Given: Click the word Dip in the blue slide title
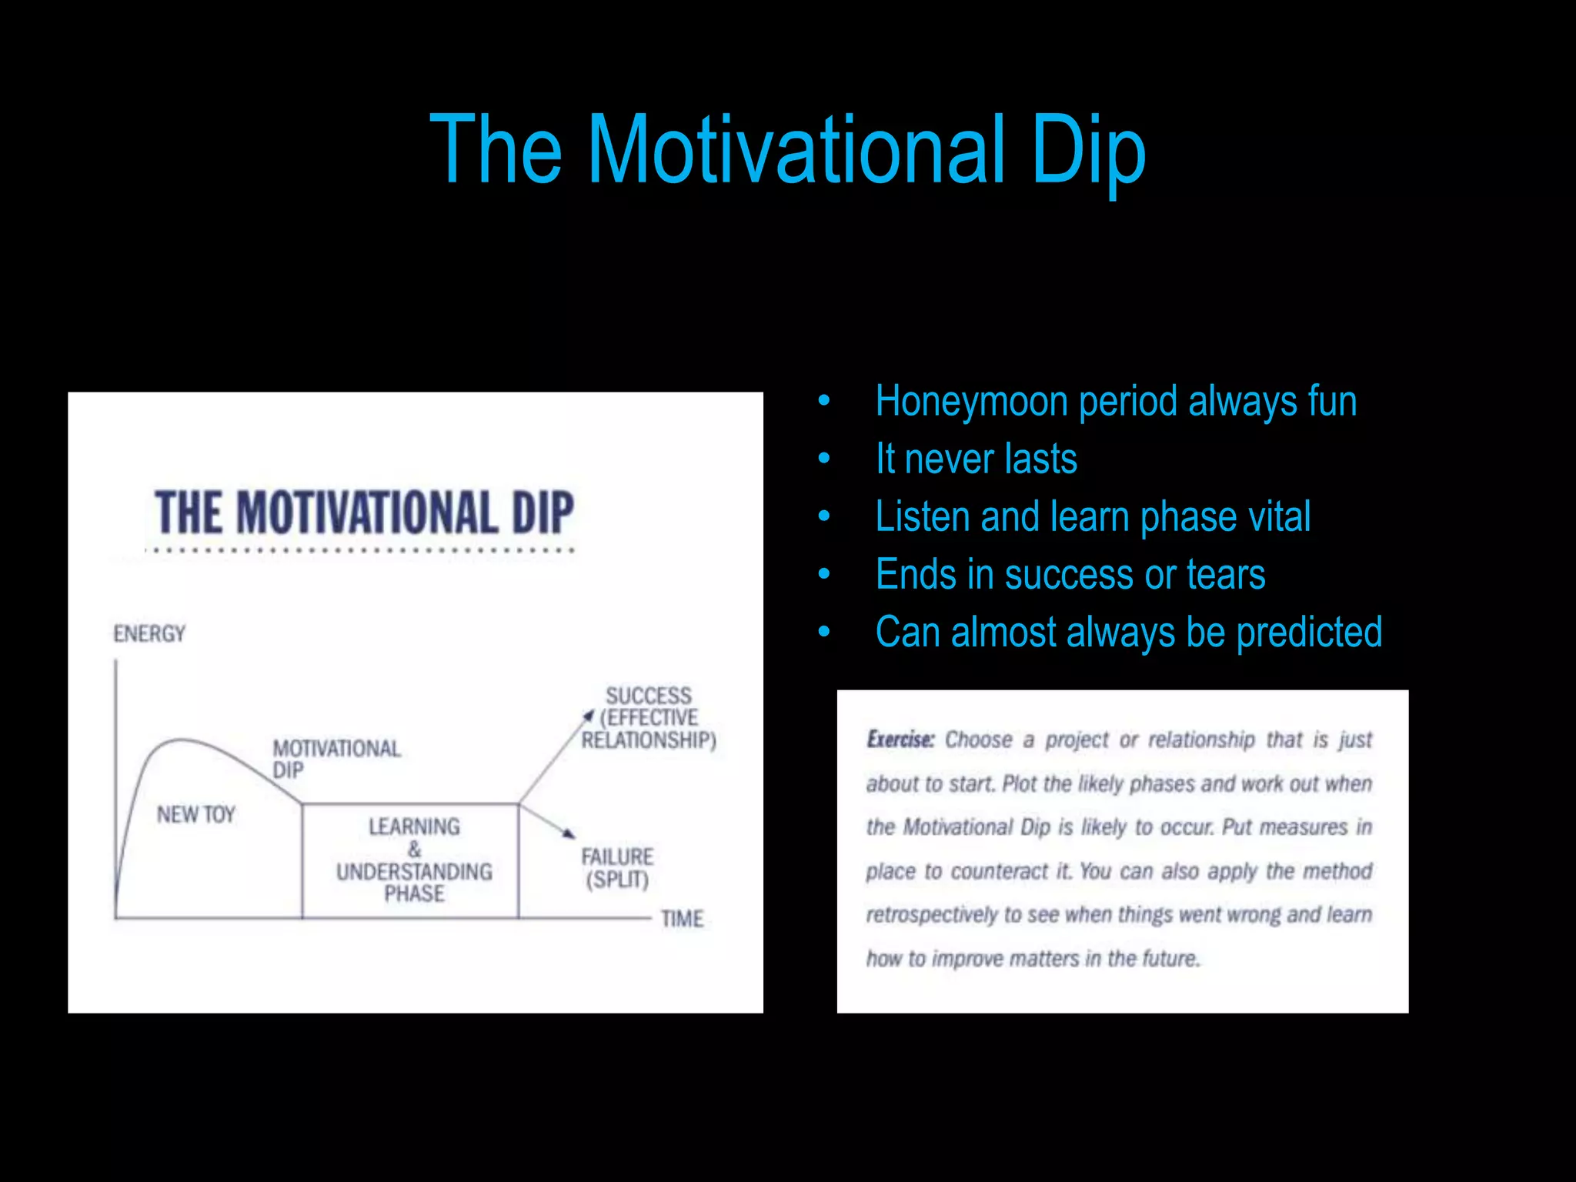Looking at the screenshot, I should coord(1088,150).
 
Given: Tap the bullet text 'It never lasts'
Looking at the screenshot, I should coord(976,459).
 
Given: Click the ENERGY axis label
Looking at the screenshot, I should coord(149,634).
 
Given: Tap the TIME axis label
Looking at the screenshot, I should coord(682,919).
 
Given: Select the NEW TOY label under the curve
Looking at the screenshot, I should coord(195,815).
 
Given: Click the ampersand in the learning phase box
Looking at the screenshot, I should coord(415,850).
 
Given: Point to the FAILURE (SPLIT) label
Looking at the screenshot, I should coord(617,868).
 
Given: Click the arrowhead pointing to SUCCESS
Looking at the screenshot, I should coord(589,716).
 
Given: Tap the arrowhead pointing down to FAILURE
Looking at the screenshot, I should coord(569,833).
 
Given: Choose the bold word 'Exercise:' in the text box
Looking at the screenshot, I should coord(900,740).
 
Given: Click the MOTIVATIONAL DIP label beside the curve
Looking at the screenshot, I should coord(336,759).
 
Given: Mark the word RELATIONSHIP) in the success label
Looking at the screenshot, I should coord(648,740).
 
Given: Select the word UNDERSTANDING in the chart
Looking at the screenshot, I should coord(414,872).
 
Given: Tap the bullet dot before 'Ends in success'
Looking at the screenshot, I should coord(824,574).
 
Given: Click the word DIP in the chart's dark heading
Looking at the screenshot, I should coord(543,513).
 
